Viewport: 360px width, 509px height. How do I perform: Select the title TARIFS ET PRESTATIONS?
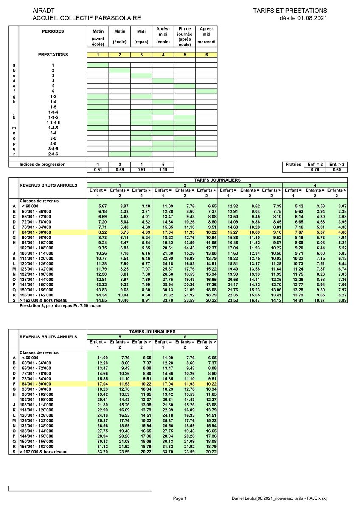pos(290,11)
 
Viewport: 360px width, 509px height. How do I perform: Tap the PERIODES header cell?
pos(53,31)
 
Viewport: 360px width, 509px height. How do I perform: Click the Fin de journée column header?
pos(185,36)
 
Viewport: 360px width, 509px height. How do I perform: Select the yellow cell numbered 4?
pos(163,55)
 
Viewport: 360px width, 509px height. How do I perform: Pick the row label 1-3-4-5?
pos(53,123)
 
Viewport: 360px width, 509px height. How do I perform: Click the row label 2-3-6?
pos(53,154)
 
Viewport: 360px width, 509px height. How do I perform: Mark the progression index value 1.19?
pos(163,170)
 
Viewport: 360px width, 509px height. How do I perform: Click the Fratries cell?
pos(293,164)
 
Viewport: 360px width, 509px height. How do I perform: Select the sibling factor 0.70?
pos(315,170)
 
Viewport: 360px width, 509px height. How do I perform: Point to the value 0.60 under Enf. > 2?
pos(337,170)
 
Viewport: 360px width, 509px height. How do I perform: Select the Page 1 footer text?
pos(180,498)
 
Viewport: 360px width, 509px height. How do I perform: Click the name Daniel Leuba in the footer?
pos(244,498)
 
